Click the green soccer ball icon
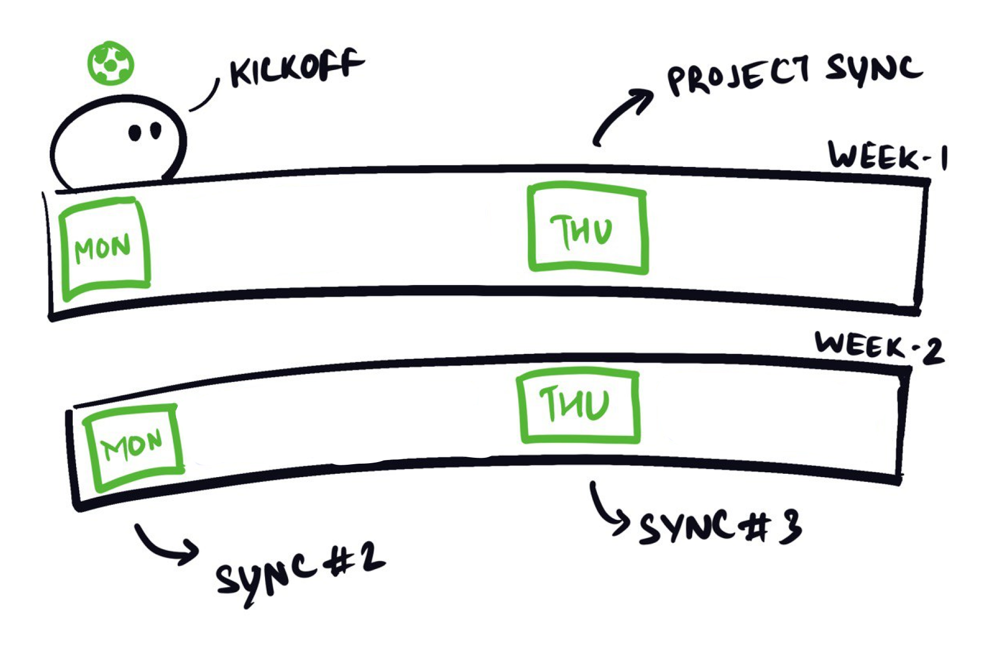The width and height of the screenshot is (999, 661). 110,63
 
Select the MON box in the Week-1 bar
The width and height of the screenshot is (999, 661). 104,248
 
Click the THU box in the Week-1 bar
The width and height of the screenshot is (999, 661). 587,228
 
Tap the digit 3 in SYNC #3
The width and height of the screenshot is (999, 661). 789,526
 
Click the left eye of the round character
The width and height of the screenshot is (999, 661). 135,133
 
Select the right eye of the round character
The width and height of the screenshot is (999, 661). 156,130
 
